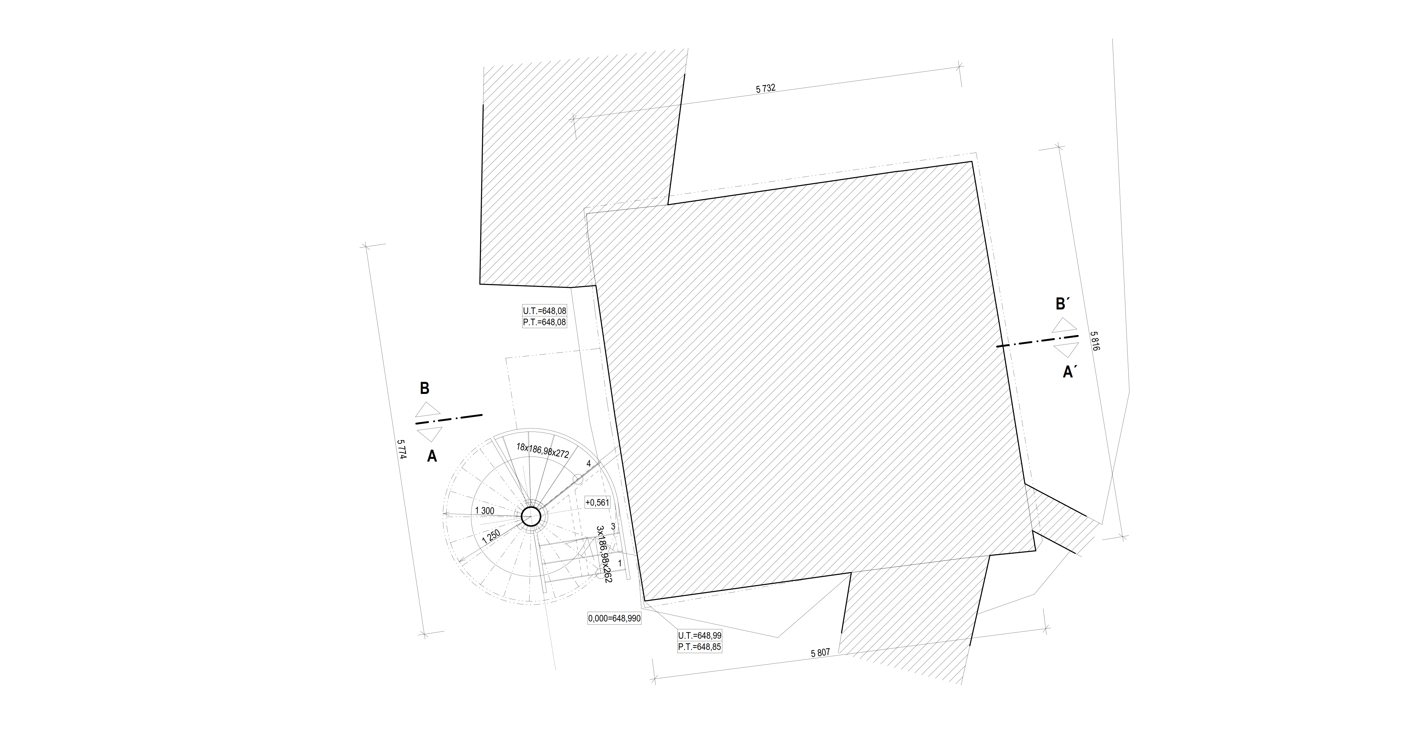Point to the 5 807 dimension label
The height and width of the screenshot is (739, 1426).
(x=820, y=653)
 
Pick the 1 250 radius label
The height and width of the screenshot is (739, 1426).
(x=491, y=536)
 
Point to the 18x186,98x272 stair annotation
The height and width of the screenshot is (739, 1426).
(x=543, y=450)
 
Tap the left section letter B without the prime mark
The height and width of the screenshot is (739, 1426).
(x=424, y=388)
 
